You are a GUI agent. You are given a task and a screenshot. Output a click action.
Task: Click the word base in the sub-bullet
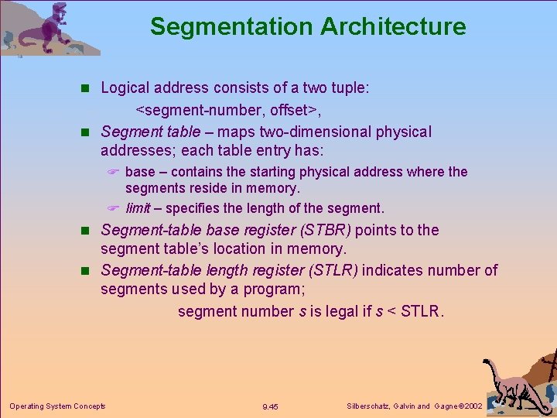pos(140,172)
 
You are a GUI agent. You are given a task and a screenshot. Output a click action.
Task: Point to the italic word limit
pos(138,208)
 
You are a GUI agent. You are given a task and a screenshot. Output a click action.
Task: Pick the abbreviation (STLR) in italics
pos(328,270)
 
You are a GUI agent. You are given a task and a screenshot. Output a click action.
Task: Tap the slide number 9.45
pos(271,406)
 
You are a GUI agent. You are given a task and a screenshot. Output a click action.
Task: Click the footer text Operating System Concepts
pos(57,406)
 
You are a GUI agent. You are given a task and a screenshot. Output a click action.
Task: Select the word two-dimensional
pos(314,132)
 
